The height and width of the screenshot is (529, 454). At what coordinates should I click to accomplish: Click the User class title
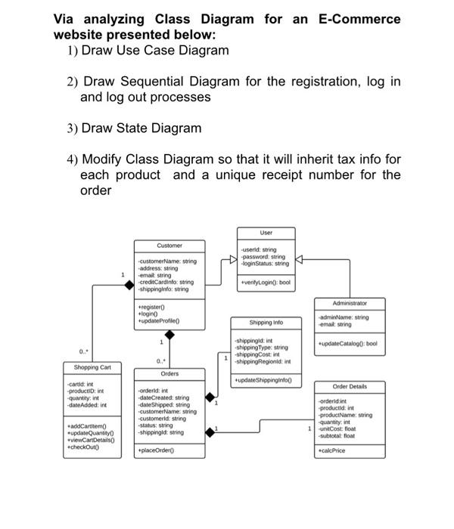click(x=265, y=234)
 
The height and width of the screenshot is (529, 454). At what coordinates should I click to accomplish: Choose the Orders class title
click(x=169, y=374)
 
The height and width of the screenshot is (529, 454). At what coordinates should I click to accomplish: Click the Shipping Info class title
click(x=266, y=321)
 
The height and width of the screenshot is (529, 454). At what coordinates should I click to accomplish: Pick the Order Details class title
click(x=350, y=386)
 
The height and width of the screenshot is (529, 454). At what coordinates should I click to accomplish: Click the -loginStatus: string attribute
click(x=263, y=264)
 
